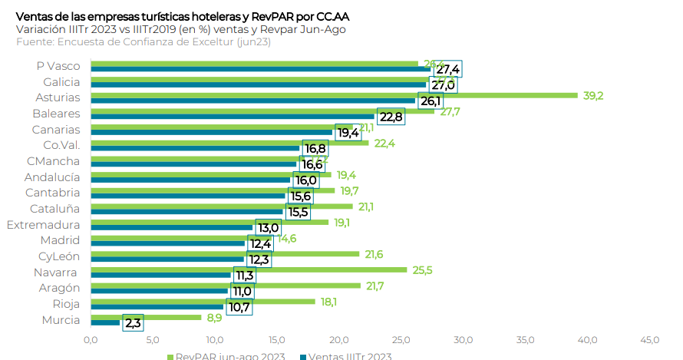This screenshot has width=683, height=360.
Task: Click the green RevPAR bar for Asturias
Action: [334, 96]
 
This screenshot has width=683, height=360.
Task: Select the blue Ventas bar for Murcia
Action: [105, 322]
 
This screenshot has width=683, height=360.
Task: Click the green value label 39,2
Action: [593, 96]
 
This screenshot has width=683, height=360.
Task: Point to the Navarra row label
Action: [55, 272]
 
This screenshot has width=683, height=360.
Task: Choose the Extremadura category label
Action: [43, 225]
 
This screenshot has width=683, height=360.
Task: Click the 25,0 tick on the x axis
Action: [401, 339]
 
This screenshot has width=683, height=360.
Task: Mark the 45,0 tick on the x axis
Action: [649, 339]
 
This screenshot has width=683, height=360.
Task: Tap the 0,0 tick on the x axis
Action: [91, 339]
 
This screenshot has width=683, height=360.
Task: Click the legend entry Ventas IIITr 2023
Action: [350, 356]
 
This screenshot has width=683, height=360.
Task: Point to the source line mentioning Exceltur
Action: [144, 41]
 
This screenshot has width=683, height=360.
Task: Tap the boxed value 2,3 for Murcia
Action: [133, 323]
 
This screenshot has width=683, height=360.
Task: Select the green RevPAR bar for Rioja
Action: [203, 302]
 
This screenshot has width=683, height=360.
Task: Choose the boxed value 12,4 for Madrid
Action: [259, 244]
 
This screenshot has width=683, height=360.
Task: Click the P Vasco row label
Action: [58, 66]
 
